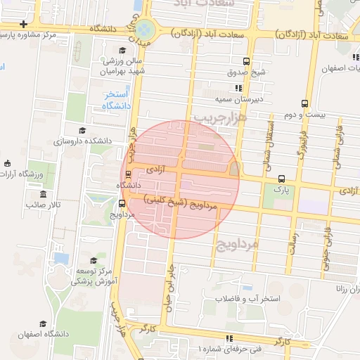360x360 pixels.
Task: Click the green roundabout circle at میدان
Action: (x=145, y=30)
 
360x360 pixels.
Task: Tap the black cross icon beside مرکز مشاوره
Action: (x=24, y=24)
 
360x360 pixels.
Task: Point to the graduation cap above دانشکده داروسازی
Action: (x=82, y=130)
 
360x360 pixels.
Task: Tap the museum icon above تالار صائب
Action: (x=44, y=193)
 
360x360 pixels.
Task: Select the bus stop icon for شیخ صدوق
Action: (x=245, y=61)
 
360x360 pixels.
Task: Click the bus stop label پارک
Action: (x=282, y=189)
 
